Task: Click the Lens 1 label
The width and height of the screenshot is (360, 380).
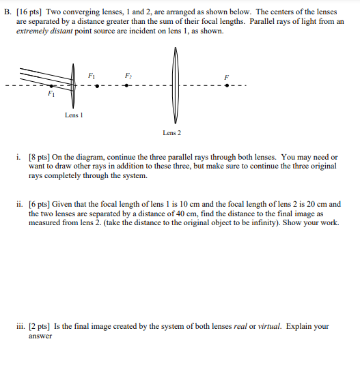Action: click(74, 115)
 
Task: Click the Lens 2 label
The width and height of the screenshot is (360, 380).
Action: click(172, 133)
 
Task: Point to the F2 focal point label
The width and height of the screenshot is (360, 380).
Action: click(128, 76)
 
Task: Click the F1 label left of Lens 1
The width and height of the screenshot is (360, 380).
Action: click(51, 96)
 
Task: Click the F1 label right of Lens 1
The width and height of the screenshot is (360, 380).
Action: click(92, 76)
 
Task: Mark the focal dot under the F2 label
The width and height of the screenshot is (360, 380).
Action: click(126, 86)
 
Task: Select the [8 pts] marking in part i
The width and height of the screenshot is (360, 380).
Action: click(40, 156)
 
